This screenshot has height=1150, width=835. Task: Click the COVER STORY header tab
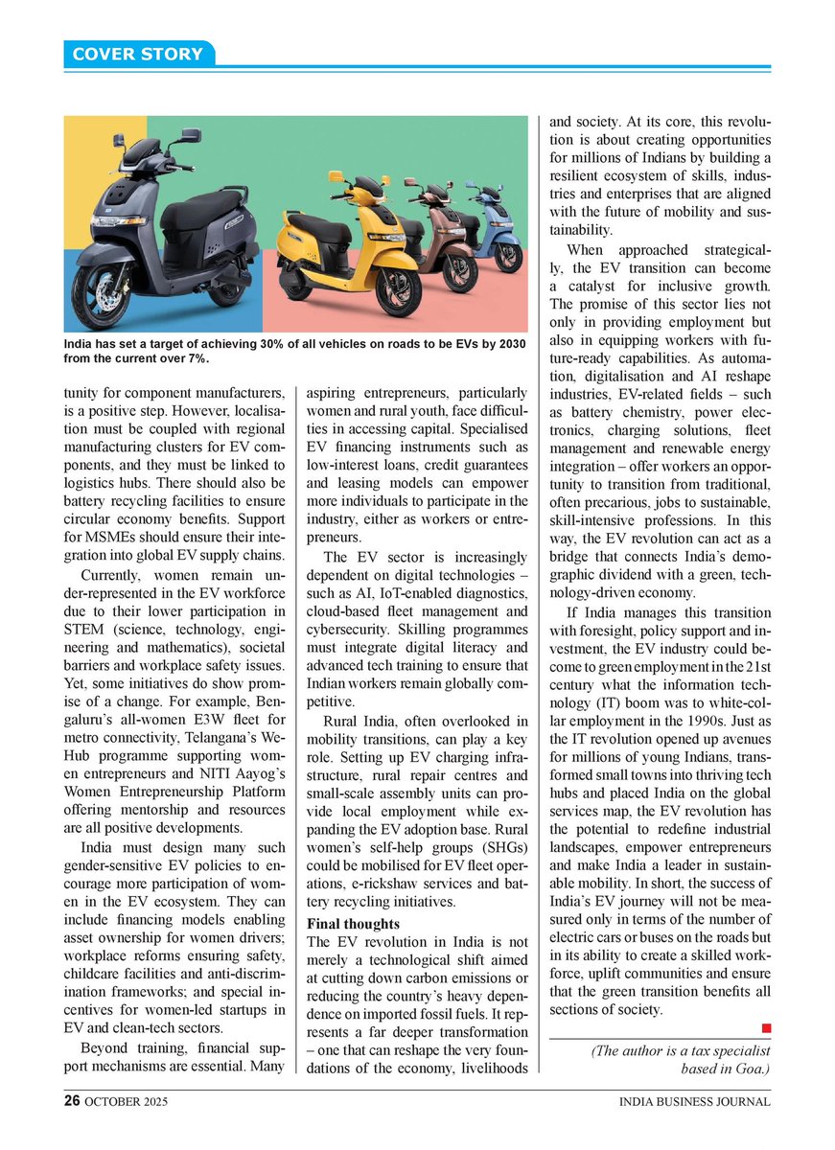click(138, 54)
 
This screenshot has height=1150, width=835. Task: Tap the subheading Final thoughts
click(353, 924)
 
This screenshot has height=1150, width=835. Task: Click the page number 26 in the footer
click(71, 1101)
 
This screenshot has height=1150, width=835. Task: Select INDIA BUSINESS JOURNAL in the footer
click(694, 1102)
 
